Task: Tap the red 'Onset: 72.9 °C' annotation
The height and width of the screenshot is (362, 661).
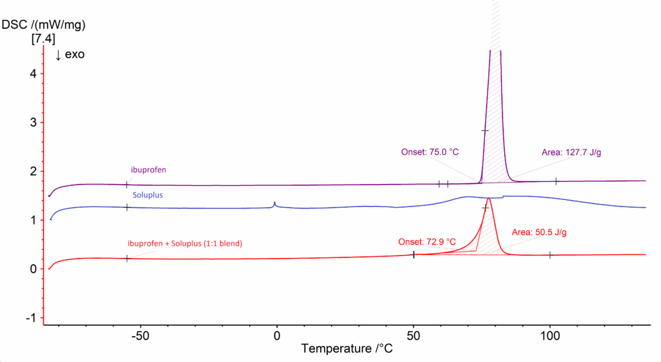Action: pyautogui.click(x=427, y=242)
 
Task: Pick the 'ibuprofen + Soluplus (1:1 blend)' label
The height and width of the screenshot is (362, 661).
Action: pyautogui.click(x=188, y=243)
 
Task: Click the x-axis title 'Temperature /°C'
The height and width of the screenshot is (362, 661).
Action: pyautogui.click(x=347, y=348)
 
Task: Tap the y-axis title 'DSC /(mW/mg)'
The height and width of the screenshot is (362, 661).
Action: pyautogui.click(x=44, y=25)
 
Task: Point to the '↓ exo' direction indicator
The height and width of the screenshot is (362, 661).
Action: pyautogui.click(x=70, y=55)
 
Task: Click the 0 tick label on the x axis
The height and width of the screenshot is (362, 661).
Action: pyautogui.click(x=277, y=336)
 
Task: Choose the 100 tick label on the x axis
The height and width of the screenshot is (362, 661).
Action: pyautogui.click(x=550, y=336)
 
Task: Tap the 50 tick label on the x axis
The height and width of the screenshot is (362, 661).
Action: pyautogui.click(x=413, y=336)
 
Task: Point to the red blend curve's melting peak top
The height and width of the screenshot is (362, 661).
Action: pyautogui.click(x=489, y=199)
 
